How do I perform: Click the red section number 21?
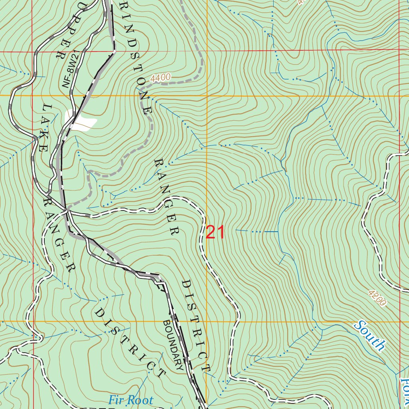(x=216, y=232)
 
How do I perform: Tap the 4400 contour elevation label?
(x=161, y=78)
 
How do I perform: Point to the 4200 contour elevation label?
(x=377, y=298)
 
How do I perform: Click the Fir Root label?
(x=131, y=400)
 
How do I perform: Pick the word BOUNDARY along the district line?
(x=173, y=345)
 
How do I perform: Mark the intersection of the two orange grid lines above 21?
(x=207, y=96)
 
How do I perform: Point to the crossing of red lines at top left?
(x=33, y=52)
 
